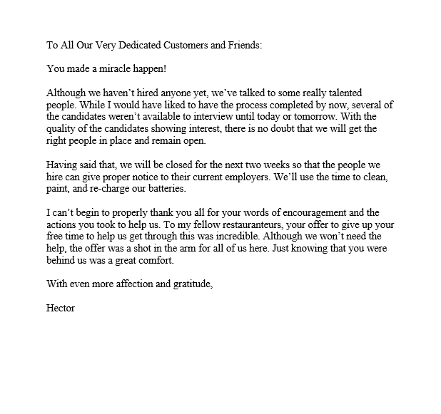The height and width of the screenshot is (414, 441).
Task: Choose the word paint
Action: [x=59, y=190]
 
